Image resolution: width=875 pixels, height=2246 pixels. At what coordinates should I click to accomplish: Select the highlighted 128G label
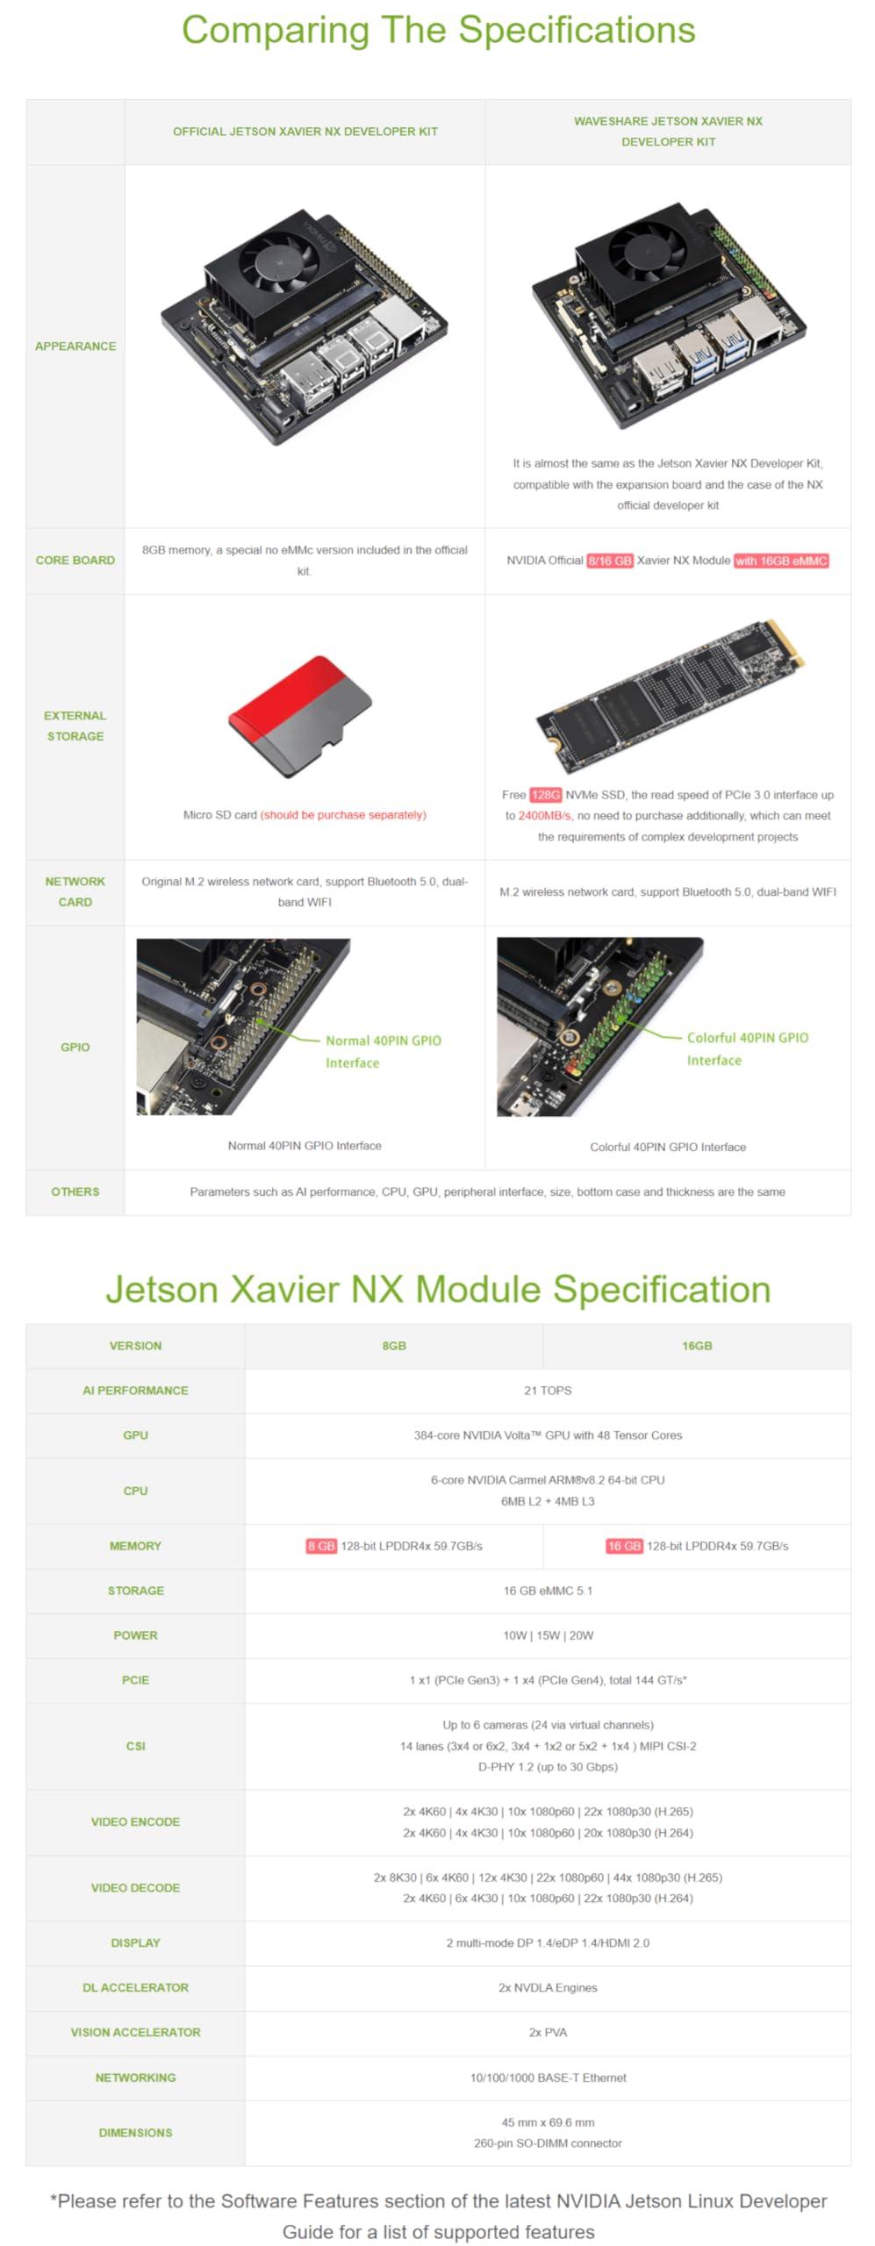tap(545, 795)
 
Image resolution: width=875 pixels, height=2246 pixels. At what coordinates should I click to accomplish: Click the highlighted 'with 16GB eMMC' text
tap(781, 561)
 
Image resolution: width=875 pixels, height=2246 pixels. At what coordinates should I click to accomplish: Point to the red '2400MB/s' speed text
tap(544, 816)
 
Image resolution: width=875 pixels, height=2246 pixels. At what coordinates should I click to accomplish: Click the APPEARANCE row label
tap(75, 347)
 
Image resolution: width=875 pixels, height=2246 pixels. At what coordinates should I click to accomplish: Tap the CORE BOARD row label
tap(75, 561)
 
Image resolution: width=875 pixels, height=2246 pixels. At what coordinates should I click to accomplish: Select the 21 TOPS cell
tap(548, 1391)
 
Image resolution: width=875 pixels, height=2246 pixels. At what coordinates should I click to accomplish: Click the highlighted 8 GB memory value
tap(321, 1546)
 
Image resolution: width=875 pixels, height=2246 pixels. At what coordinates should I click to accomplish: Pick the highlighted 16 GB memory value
tap(624, 1546)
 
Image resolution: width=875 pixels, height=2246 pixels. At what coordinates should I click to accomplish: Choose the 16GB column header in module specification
tap(697, 1346)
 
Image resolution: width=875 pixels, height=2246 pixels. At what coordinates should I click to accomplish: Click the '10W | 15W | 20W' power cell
tap(548, 1635)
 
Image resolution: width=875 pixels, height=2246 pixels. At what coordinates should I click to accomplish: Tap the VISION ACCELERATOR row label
tap(135, 2032)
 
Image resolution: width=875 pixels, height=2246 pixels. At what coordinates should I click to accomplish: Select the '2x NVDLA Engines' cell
tap(548, 1987)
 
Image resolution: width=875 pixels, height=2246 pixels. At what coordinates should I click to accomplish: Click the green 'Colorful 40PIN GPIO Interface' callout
tap(746, 1048)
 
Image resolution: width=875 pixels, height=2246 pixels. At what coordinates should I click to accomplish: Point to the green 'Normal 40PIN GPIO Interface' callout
tap(383, 1051)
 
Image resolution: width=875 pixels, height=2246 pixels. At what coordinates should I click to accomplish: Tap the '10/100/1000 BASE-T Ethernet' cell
tap(548, 2078)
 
